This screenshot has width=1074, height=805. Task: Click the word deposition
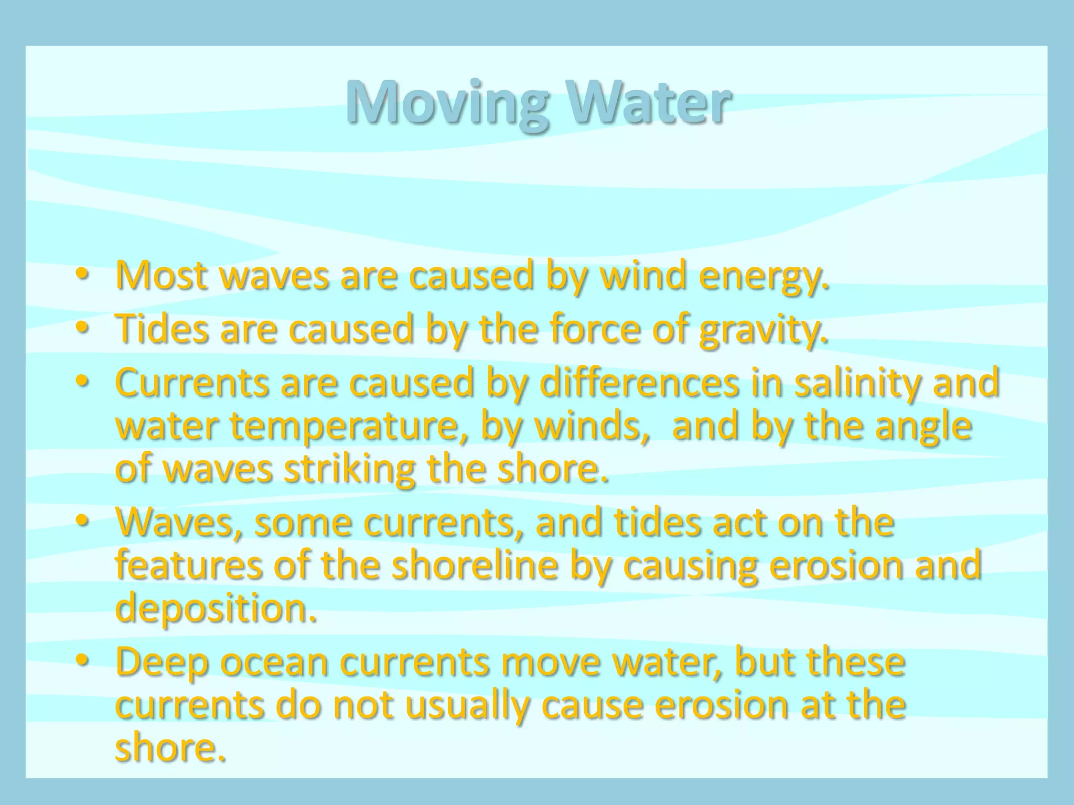(x=216, y=608)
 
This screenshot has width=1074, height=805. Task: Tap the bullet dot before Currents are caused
(x=82, y=382)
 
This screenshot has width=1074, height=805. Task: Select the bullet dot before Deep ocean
(x=82, y=661)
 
